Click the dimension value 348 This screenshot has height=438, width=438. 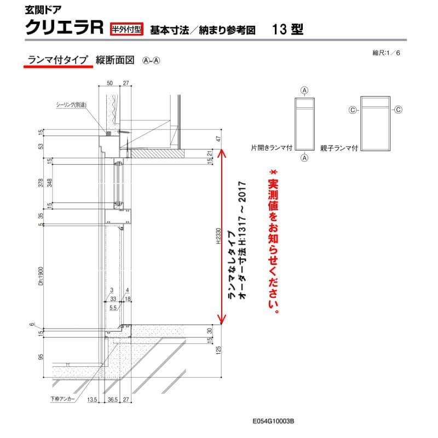click(x=49, y=182)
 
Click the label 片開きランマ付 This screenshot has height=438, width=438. click(x=271, y=148)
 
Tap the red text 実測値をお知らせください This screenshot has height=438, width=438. click(x=273, y=241)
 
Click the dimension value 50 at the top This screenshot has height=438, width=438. click(x=109, y=83)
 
